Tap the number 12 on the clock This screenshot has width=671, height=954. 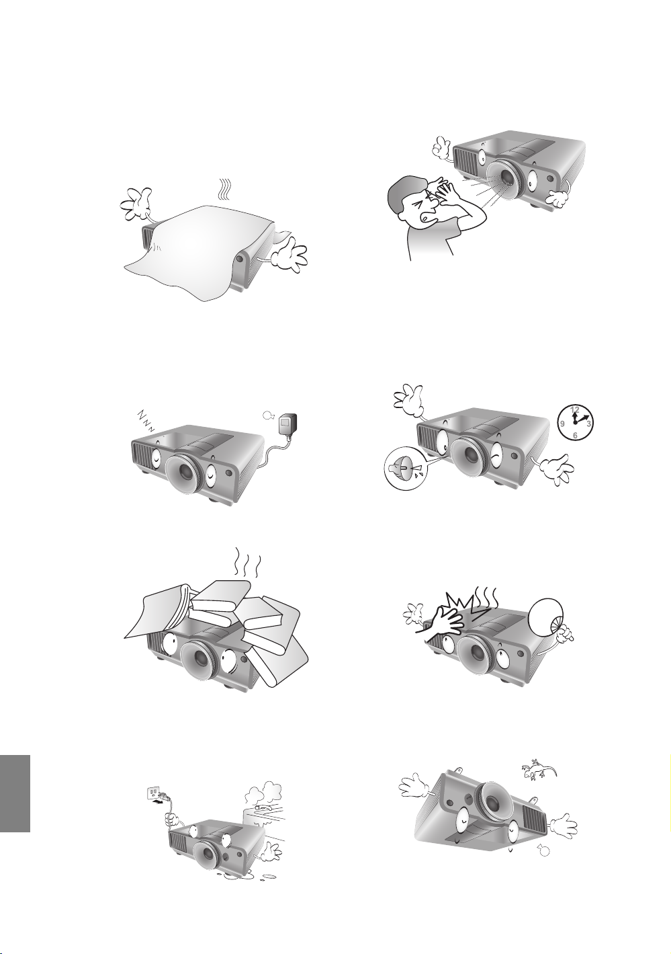tap(575, 409)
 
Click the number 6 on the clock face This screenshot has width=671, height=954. tap(575, 435)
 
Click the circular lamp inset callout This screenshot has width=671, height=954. tap(402, 470)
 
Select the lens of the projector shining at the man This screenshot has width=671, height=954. tap(506, 178)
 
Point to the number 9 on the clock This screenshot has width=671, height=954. tap(562, 424)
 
